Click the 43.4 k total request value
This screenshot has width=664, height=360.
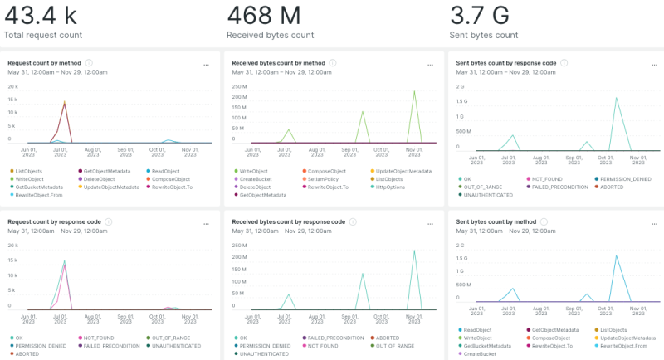click(42, 14)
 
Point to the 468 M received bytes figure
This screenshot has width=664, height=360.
click(262, 14)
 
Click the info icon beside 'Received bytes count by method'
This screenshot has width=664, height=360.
click(332, 62)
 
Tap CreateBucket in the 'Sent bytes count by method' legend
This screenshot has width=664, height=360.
click(482, 354)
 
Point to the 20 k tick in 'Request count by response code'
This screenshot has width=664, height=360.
click(12, 246)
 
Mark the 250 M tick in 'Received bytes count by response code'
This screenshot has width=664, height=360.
click(238, 246)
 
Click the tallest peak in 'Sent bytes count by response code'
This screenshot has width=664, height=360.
click(616, 98)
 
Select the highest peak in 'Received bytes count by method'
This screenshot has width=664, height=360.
click(414, 91)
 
